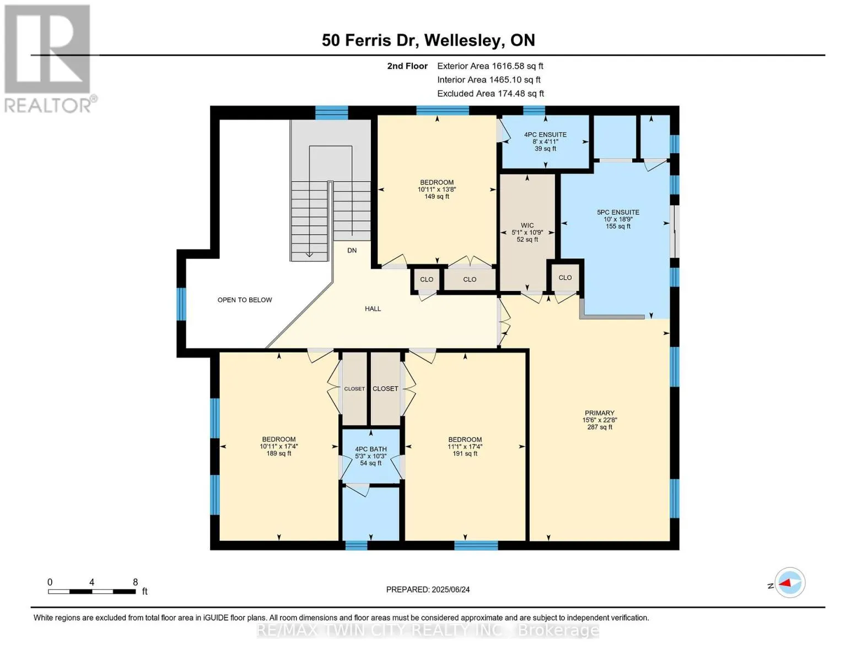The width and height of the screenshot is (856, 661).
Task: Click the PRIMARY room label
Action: pyautogui.click(x=599, y=413)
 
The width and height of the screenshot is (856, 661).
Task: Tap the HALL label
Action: pyautogui.click(x=373, y=308)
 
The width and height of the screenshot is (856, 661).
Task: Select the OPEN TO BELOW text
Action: pyautogui.click(x=245, y=300)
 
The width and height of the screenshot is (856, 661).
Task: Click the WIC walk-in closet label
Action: pyautogui.click(x=527, y=226)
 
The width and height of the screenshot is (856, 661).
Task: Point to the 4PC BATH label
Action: pyautogui.click(x=371, y=449)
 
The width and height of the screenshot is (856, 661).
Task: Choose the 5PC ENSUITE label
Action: pyautogui.click(x=618, y=212)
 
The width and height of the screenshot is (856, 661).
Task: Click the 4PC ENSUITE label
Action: pyautogui.click(x=545, y=134)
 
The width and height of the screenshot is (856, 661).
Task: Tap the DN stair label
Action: pyautogui.click(x=352, y=251)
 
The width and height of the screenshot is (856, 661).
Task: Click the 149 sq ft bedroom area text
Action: pyautogui.click(x=437, y=197)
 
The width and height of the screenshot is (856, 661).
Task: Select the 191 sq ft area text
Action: pyautogui.click(x=465, y=453)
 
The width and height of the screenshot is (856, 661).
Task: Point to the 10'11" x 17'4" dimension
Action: pyautogui.click(x=279, y=446)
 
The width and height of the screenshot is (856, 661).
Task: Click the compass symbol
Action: pyautogui.click(x=789, y=583)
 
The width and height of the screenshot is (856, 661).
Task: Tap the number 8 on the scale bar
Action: pyautogui.click(x=136, y=582)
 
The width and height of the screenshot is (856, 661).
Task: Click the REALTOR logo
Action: pyautogui.click(x=49, y=59)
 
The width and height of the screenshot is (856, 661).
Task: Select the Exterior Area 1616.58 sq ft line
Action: pyautogui.click(x=490, y=66)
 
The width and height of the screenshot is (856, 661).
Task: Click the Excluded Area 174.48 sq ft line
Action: pyautogui.click(x=491, y=94)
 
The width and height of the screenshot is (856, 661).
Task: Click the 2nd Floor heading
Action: pyautogui.click(x=407, y=66)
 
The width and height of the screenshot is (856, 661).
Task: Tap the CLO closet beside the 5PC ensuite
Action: pyautogui.click(x=565, y=278)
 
